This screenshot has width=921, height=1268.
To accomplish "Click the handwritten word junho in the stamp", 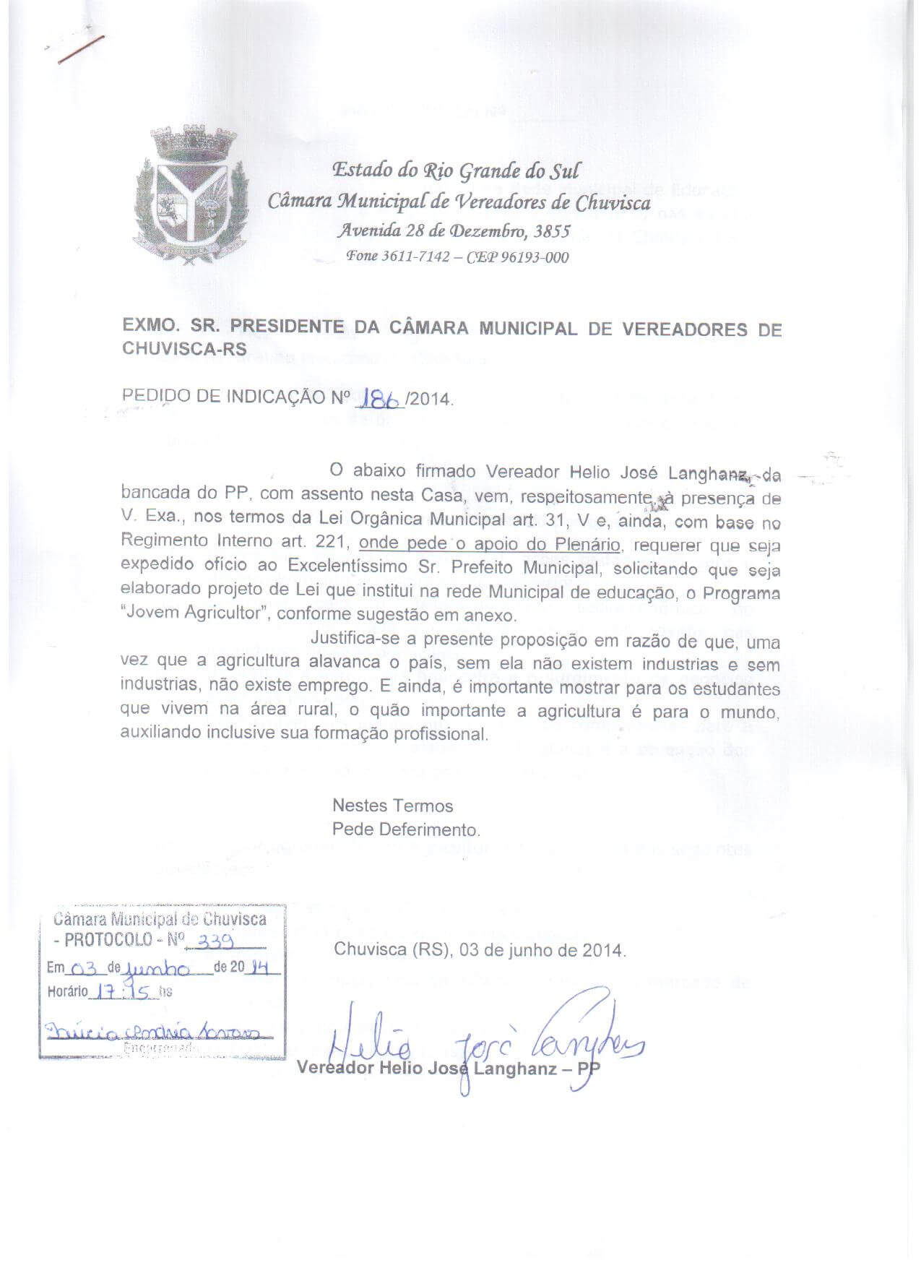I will click(x=157, y=968).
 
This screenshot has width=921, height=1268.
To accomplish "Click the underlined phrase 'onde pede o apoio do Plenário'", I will click(x=489, y=544).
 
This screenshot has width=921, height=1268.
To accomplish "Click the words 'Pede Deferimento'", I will click(x=406, y=829).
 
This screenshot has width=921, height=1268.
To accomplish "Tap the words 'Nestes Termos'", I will click(x=392, y=806).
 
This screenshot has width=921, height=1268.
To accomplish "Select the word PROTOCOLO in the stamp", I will click(x=108, y=940).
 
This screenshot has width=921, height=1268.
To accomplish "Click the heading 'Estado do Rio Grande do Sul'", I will click(x=455, y=171).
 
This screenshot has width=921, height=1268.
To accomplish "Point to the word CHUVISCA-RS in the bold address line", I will click(x=184, y=348).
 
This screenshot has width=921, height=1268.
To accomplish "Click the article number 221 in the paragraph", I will click(x=334, y=542).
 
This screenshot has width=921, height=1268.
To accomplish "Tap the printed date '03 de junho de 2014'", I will click(x=541, y=949).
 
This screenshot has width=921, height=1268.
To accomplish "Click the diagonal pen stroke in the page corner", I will click(x=82, y=49).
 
